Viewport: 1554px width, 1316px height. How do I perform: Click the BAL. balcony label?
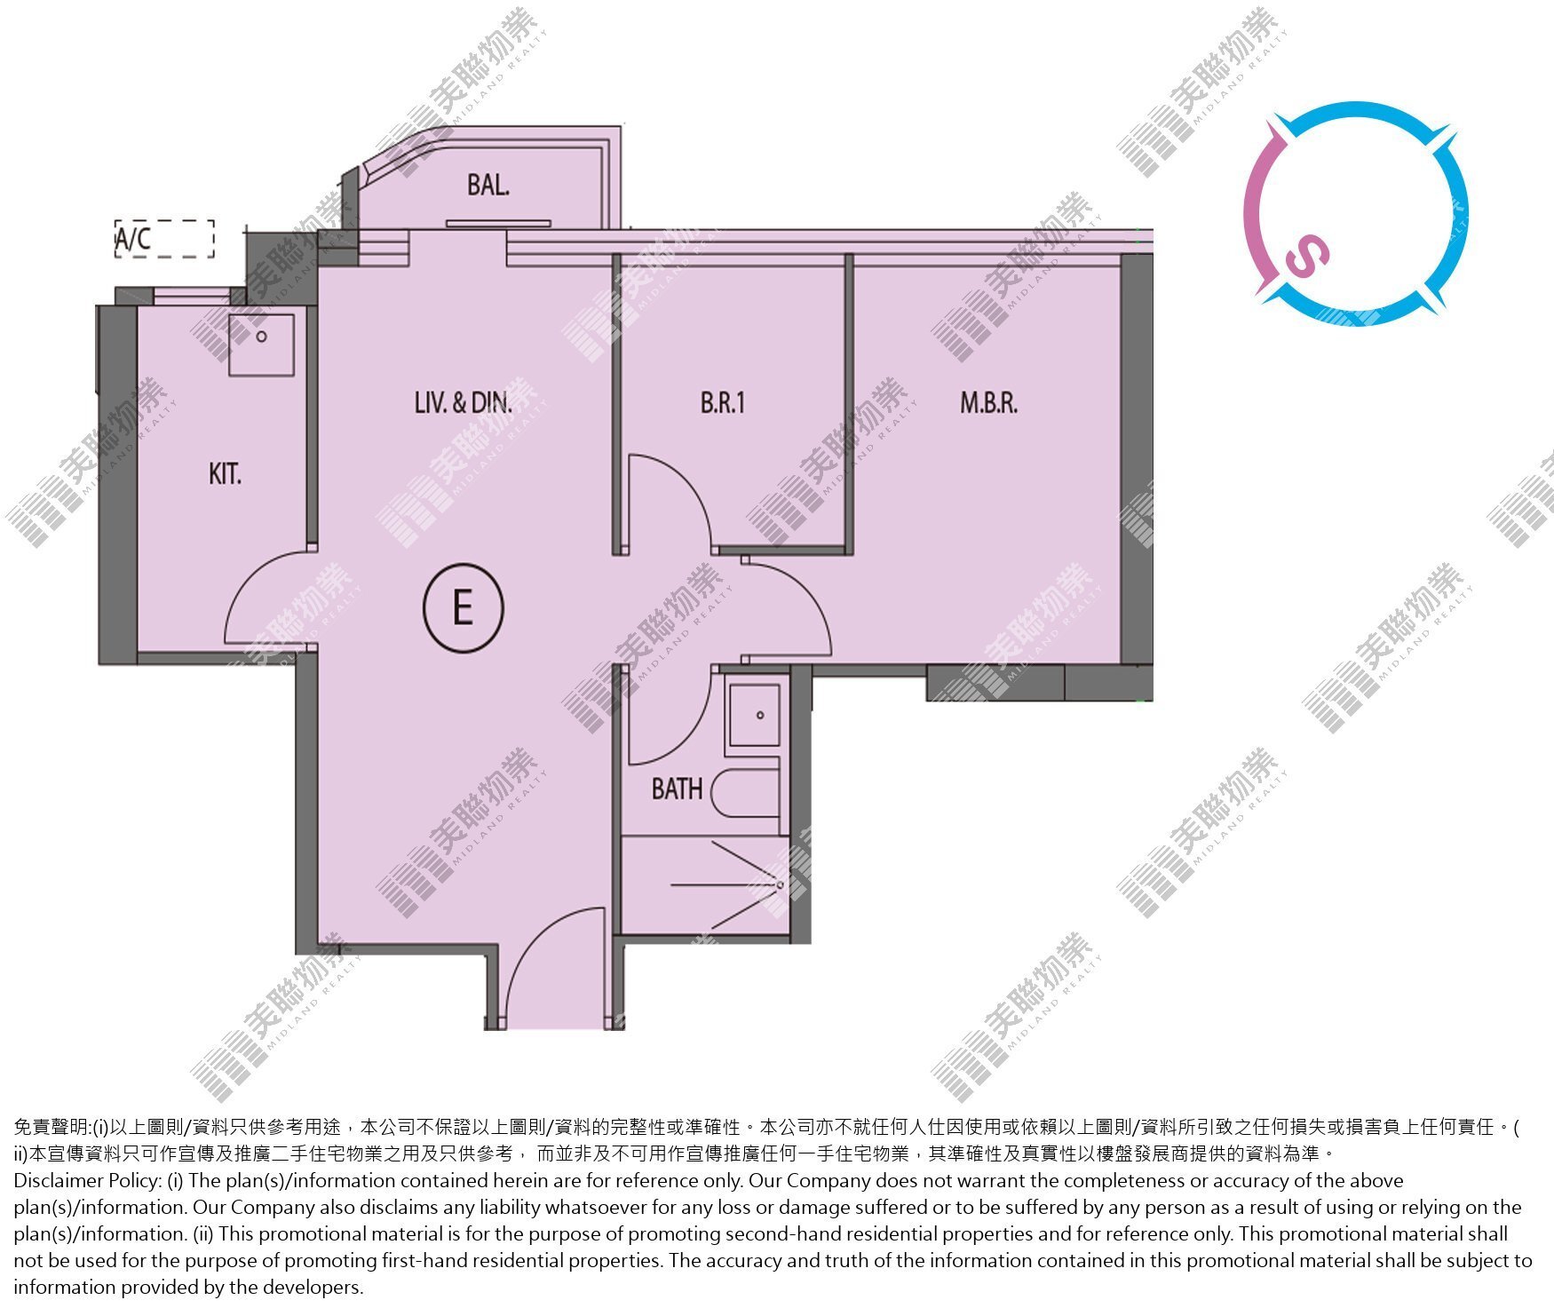488,185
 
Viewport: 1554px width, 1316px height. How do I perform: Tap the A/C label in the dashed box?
133,238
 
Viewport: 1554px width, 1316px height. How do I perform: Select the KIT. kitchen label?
225,474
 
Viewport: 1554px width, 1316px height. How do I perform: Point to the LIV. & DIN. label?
464,403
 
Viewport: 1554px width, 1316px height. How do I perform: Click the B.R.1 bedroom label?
723,403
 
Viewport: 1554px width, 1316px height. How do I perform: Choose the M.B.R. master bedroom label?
988,403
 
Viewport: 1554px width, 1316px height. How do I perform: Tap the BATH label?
677,789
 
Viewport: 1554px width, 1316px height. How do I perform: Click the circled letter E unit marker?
463,608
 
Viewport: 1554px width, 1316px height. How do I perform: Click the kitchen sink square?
261,343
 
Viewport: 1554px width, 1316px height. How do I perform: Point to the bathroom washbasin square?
755,714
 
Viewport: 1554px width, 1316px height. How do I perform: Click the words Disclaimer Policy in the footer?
87,1181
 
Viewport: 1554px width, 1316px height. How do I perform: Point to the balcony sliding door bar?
498,224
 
